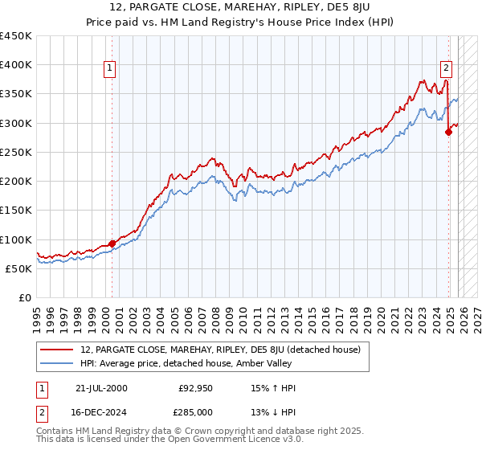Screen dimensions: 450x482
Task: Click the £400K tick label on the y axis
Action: [16, 65]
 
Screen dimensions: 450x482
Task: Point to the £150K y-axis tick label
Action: [16, 211]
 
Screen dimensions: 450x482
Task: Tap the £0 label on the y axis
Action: [25, 298]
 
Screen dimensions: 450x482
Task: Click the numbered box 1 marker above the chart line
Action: [110, 69]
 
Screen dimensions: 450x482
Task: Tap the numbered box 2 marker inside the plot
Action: [446, 69]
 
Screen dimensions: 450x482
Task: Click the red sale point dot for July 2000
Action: [112, 243]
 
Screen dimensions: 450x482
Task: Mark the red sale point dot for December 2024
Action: [449, 133]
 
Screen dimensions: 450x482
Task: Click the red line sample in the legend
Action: [59, 350]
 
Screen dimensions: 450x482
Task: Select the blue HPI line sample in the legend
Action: [59, 363]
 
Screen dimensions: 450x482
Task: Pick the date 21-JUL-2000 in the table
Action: [100, 388]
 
